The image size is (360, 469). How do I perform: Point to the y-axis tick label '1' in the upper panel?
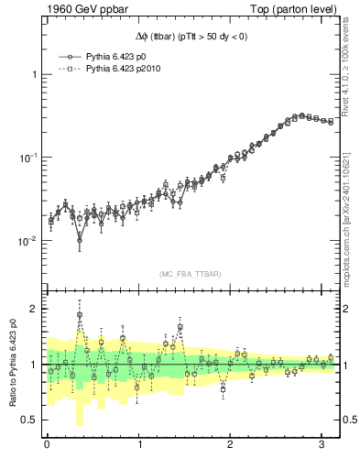point(36,74)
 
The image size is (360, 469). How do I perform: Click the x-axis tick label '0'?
point(47,445)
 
